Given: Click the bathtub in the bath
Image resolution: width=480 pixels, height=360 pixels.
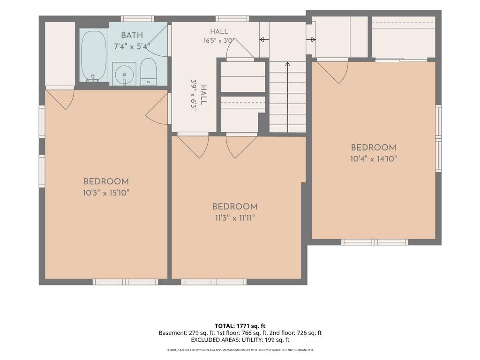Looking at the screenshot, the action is coord(93,55).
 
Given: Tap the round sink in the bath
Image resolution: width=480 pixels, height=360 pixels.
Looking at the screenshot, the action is coord(124,74).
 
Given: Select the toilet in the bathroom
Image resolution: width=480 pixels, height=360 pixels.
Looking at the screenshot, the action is coord(148,72).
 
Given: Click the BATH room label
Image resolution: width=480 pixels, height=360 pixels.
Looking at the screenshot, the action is coord(132,35).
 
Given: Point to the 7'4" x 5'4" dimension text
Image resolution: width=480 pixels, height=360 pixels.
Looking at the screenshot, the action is coord(132,46).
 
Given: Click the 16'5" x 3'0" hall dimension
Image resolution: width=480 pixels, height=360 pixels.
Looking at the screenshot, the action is coord(219,40).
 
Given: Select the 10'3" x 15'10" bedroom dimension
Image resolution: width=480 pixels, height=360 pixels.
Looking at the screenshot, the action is coord(106,193).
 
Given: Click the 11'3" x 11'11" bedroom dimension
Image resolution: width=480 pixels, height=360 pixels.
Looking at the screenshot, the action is coord(235,218).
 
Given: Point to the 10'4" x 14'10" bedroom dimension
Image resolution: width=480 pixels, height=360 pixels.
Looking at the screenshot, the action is coord(374,159).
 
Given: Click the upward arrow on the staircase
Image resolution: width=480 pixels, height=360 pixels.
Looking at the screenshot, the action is coord(287,97).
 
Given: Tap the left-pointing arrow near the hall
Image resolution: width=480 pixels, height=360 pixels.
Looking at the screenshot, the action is coord(264,39).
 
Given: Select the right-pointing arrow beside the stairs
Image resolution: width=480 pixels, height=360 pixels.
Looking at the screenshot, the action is coord(311,39).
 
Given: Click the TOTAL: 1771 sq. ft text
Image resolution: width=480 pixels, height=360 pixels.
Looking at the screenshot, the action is coord(240,326).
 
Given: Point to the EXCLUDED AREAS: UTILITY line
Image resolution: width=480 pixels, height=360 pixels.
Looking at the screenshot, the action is coord(240,340).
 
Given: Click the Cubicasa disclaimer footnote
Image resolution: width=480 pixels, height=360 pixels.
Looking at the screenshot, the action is coord(240,350).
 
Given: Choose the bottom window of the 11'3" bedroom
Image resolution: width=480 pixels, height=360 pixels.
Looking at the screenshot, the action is coord(214,282).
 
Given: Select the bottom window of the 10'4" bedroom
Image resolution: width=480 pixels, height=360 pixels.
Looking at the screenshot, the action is coord(375,242).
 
